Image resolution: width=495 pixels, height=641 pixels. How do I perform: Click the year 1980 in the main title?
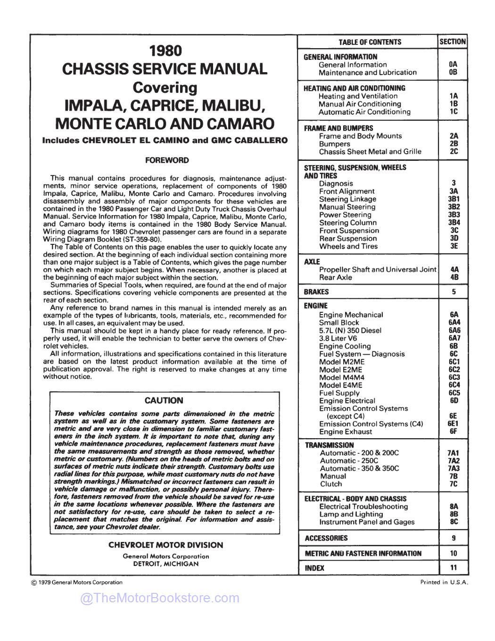(x=165, y=50)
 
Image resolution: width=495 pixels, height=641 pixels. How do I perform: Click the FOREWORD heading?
(x=167, y=160)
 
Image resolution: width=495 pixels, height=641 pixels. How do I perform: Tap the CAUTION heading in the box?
(x=164, y=400)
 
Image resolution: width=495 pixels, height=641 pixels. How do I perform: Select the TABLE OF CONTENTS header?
(x=370, y=42)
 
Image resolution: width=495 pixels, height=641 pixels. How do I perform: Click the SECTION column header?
(x=453, y=42)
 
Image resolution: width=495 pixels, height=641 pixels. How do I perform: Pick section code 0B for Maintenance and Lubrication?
(x=453, y=72)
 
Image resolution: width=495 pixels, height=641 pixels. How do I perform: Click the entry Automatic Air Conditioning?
(x=364, y=112)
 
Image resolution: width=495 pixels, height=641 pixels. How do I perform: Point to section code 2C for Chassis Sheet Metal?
(x=454, y=151)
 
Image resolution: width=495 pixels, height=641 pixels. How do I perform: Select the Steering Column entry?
(x=348, y=223)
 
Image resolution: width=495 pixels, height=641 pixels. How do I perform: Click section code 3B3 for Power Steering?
(x=454, y=215)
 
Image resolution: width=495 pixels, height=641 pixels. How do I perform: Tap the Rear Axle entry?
(x=335, y=277)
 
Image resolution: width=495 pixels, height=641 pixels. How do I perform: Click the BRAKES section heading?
(x=317, y=292)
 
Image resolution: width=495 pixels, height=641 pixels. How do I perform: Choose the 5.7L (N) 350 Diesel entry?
(x=350, y=331)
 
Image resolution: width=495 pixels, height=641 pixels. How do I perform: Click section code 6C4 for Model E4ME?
(x=454, y=385)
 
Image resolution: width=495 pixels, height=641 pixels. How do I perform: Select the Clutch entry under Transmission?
(x=331, y=484)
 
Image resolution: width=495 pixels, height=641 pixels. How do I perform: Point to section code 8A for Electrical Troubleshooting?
(x=454, y=506)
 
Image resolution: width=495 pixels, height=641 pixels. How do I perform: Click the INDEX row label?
(x=314, y=568)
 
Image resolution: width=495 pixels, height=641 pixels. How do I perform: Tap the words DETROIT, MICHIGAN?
(x=165, y=564)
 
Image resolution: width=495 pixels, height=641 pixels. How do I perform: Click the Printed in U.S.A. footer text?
(x=444, y=582)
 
